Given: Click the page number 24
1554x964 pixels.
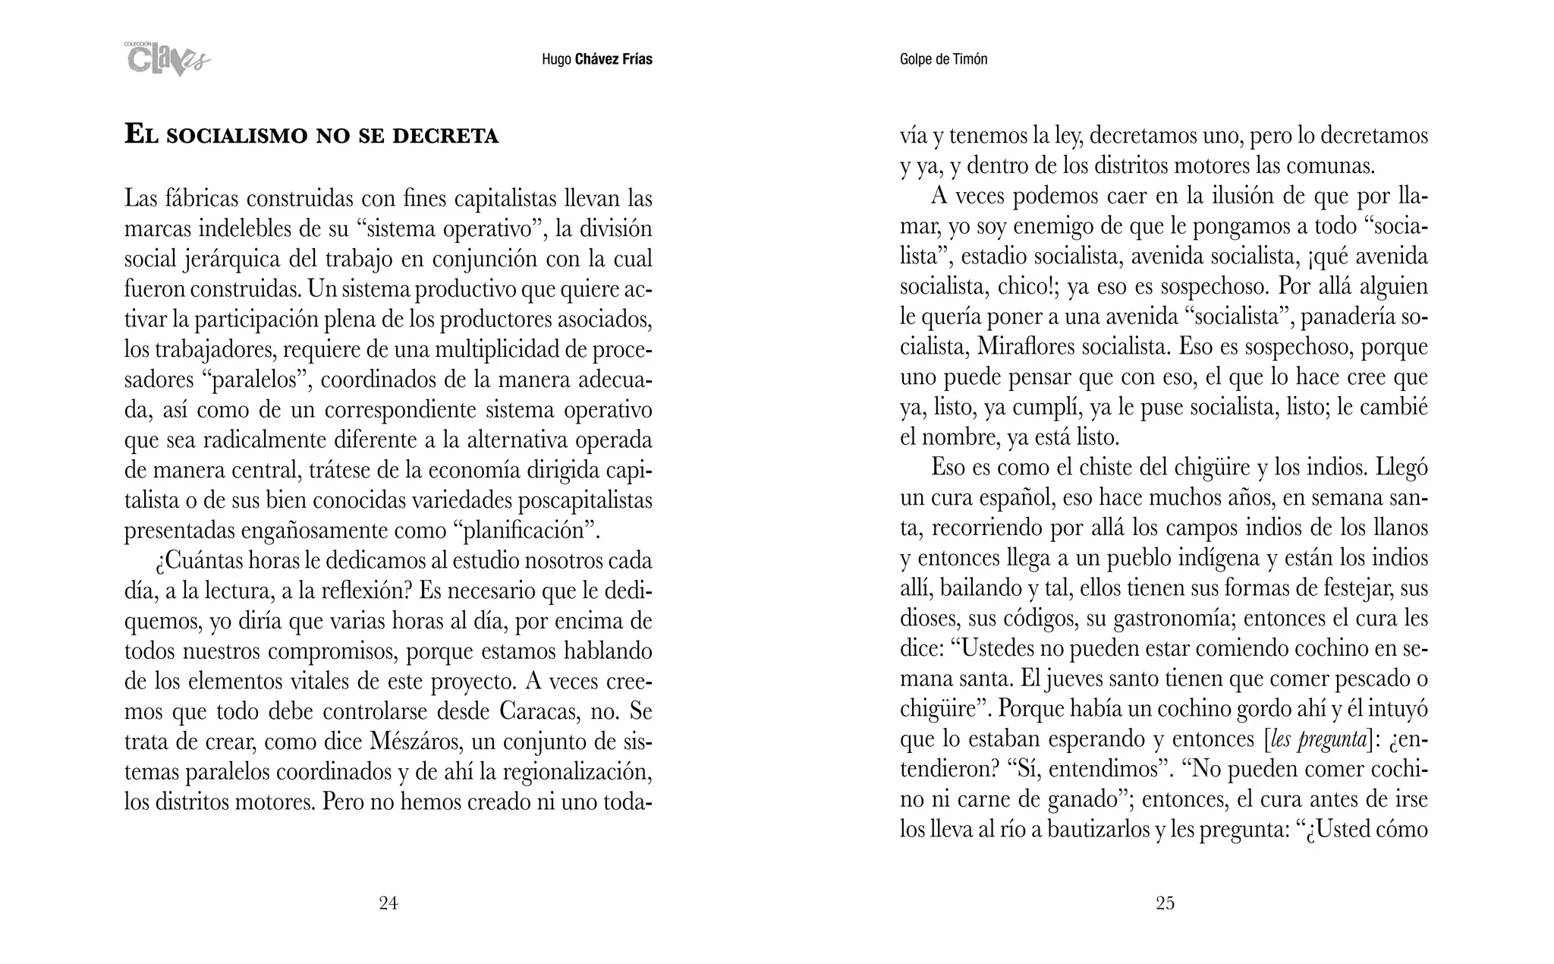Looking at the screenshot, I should coord(388,903).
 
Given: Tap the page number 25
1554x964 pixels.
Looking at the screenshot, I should coord(1165,903).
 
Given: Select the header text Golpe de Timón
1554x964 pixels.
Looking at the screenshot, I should coord(943,59).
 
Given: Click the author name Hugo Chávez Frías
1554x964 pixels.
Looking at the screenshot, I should coord(596,59).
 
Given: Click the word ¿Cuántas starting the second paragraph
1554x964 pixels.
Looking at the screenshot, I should coord(198,562).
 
